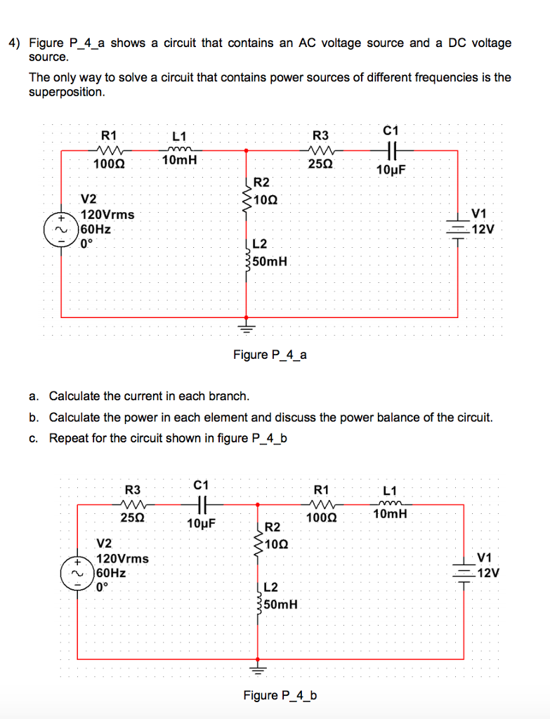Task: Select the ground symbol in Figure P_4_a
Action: [247, 326]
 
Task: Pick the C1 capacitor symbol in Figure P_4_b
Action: [202, 504]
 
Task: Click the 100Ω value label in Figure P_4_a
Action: [109, 164]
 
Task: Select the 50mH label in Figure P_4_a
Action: [270, 261]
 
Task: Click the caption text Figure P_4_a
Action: [270, 355]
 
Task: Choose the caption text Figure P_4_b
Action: [280, 696]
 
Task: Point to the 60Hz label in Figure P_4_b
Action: [112, 573]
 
